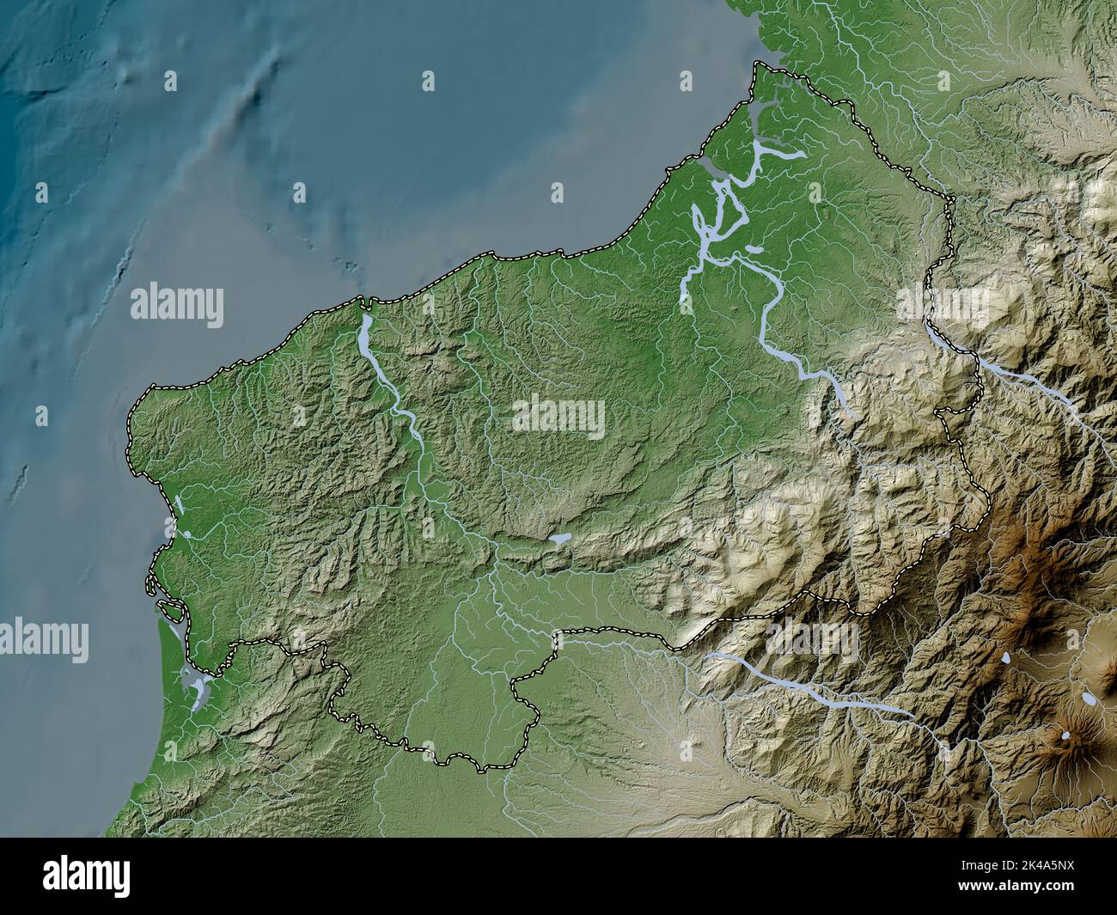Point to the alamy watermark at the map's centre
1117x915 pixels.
[x=558, y=417]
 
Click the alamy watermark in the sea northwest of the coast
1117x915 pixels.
[x=177, y=306]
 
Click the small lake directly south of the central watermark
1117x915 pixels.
[x=560, y=539]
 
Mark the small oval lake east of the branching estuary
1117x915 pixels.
[x=754, y=249]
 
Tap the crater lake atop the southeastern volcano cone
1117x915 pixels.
[x=1065, y=735]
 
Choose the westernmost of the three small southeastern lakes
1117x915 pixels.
[x=1004, y=658]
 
